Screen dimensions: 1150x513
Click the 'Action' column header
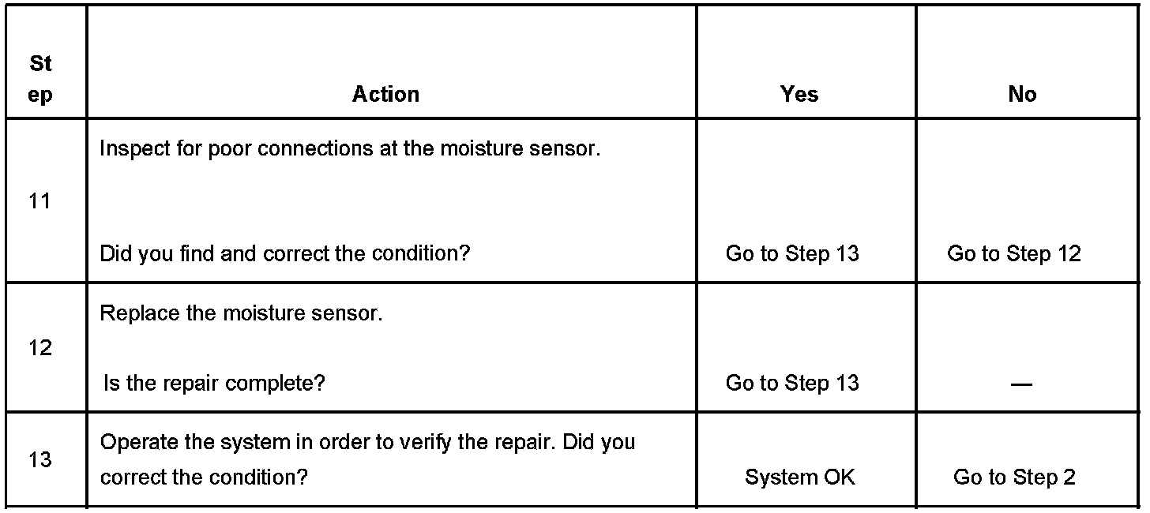pos(385,94)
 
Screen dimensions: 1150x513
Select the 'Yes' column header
pos(799,94)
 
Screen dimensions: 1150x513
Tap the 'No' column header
pos(1022,94)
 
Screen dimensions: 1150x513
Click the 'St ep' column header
pos(40,79)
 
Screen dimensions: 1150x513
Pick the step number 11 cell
pos(39,201)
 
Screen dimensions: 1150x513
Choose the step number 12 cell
pos(39,347)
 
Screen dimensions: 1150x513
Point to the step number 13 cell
pos(39,459)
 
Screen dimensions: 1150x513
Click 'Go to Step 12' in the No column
pos(1014,253)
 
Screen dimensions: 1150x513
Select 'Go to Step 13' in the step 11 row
pos(792,253)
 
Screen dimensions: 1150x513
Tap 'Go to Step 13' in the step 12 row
pos(792,383)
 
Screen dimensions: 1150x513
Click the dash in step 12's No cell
pos(1021,384)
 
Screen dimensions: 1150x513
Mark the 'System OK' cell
pos(799,477)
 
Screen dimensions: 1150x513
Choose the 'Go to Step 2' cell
pos(1014,477)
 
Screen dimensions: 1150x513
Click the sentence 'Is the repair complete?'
pos(214,383)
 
